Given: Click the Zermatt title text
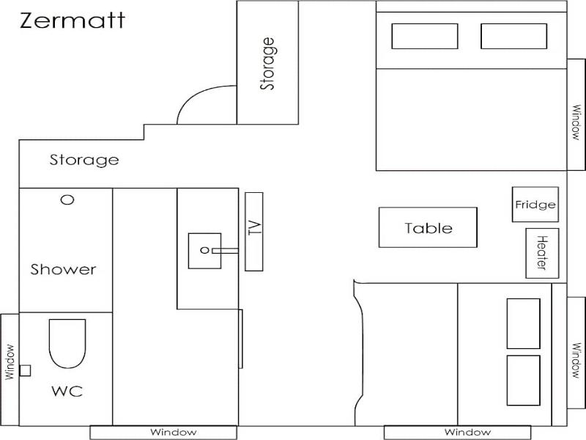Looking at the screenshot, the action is pos(72,21).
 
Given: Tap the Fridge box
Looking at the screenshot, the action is pos(535,205).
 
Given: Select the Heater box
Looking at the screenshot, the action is pos(542,253).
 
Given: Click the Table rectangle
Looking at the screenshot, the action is pos(428,227).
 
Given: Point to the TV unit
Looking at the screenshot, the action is pos(254,232).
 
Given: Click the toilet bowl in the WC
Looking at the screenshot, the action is pos(67,343).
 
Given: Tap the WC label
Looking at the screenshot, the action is pos(67,392).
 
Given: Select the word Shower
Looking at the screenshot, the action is pos(63,269).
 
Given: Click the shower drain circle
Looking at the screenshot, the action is pos(67,199).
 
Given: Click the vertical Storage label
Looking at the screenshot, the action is pos(267,64).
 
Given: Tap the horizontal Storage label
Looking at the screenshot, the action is pos(84,160).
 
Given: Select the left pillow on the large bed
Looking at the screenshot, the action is pos(425,36).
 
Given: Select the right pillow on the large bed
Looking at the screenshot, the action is pos(514,36).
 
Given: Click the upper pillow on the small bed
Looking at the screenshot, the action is pos(523,323).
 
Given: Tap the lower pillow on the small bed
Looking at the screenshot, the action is pos(523,380).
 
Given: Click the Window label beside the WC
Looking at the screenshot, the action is pos(10,362).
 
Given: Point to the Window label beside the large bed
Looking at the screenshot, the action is pos(576,122).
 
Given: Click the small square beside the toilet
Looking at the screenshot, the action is pos(25,370).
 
